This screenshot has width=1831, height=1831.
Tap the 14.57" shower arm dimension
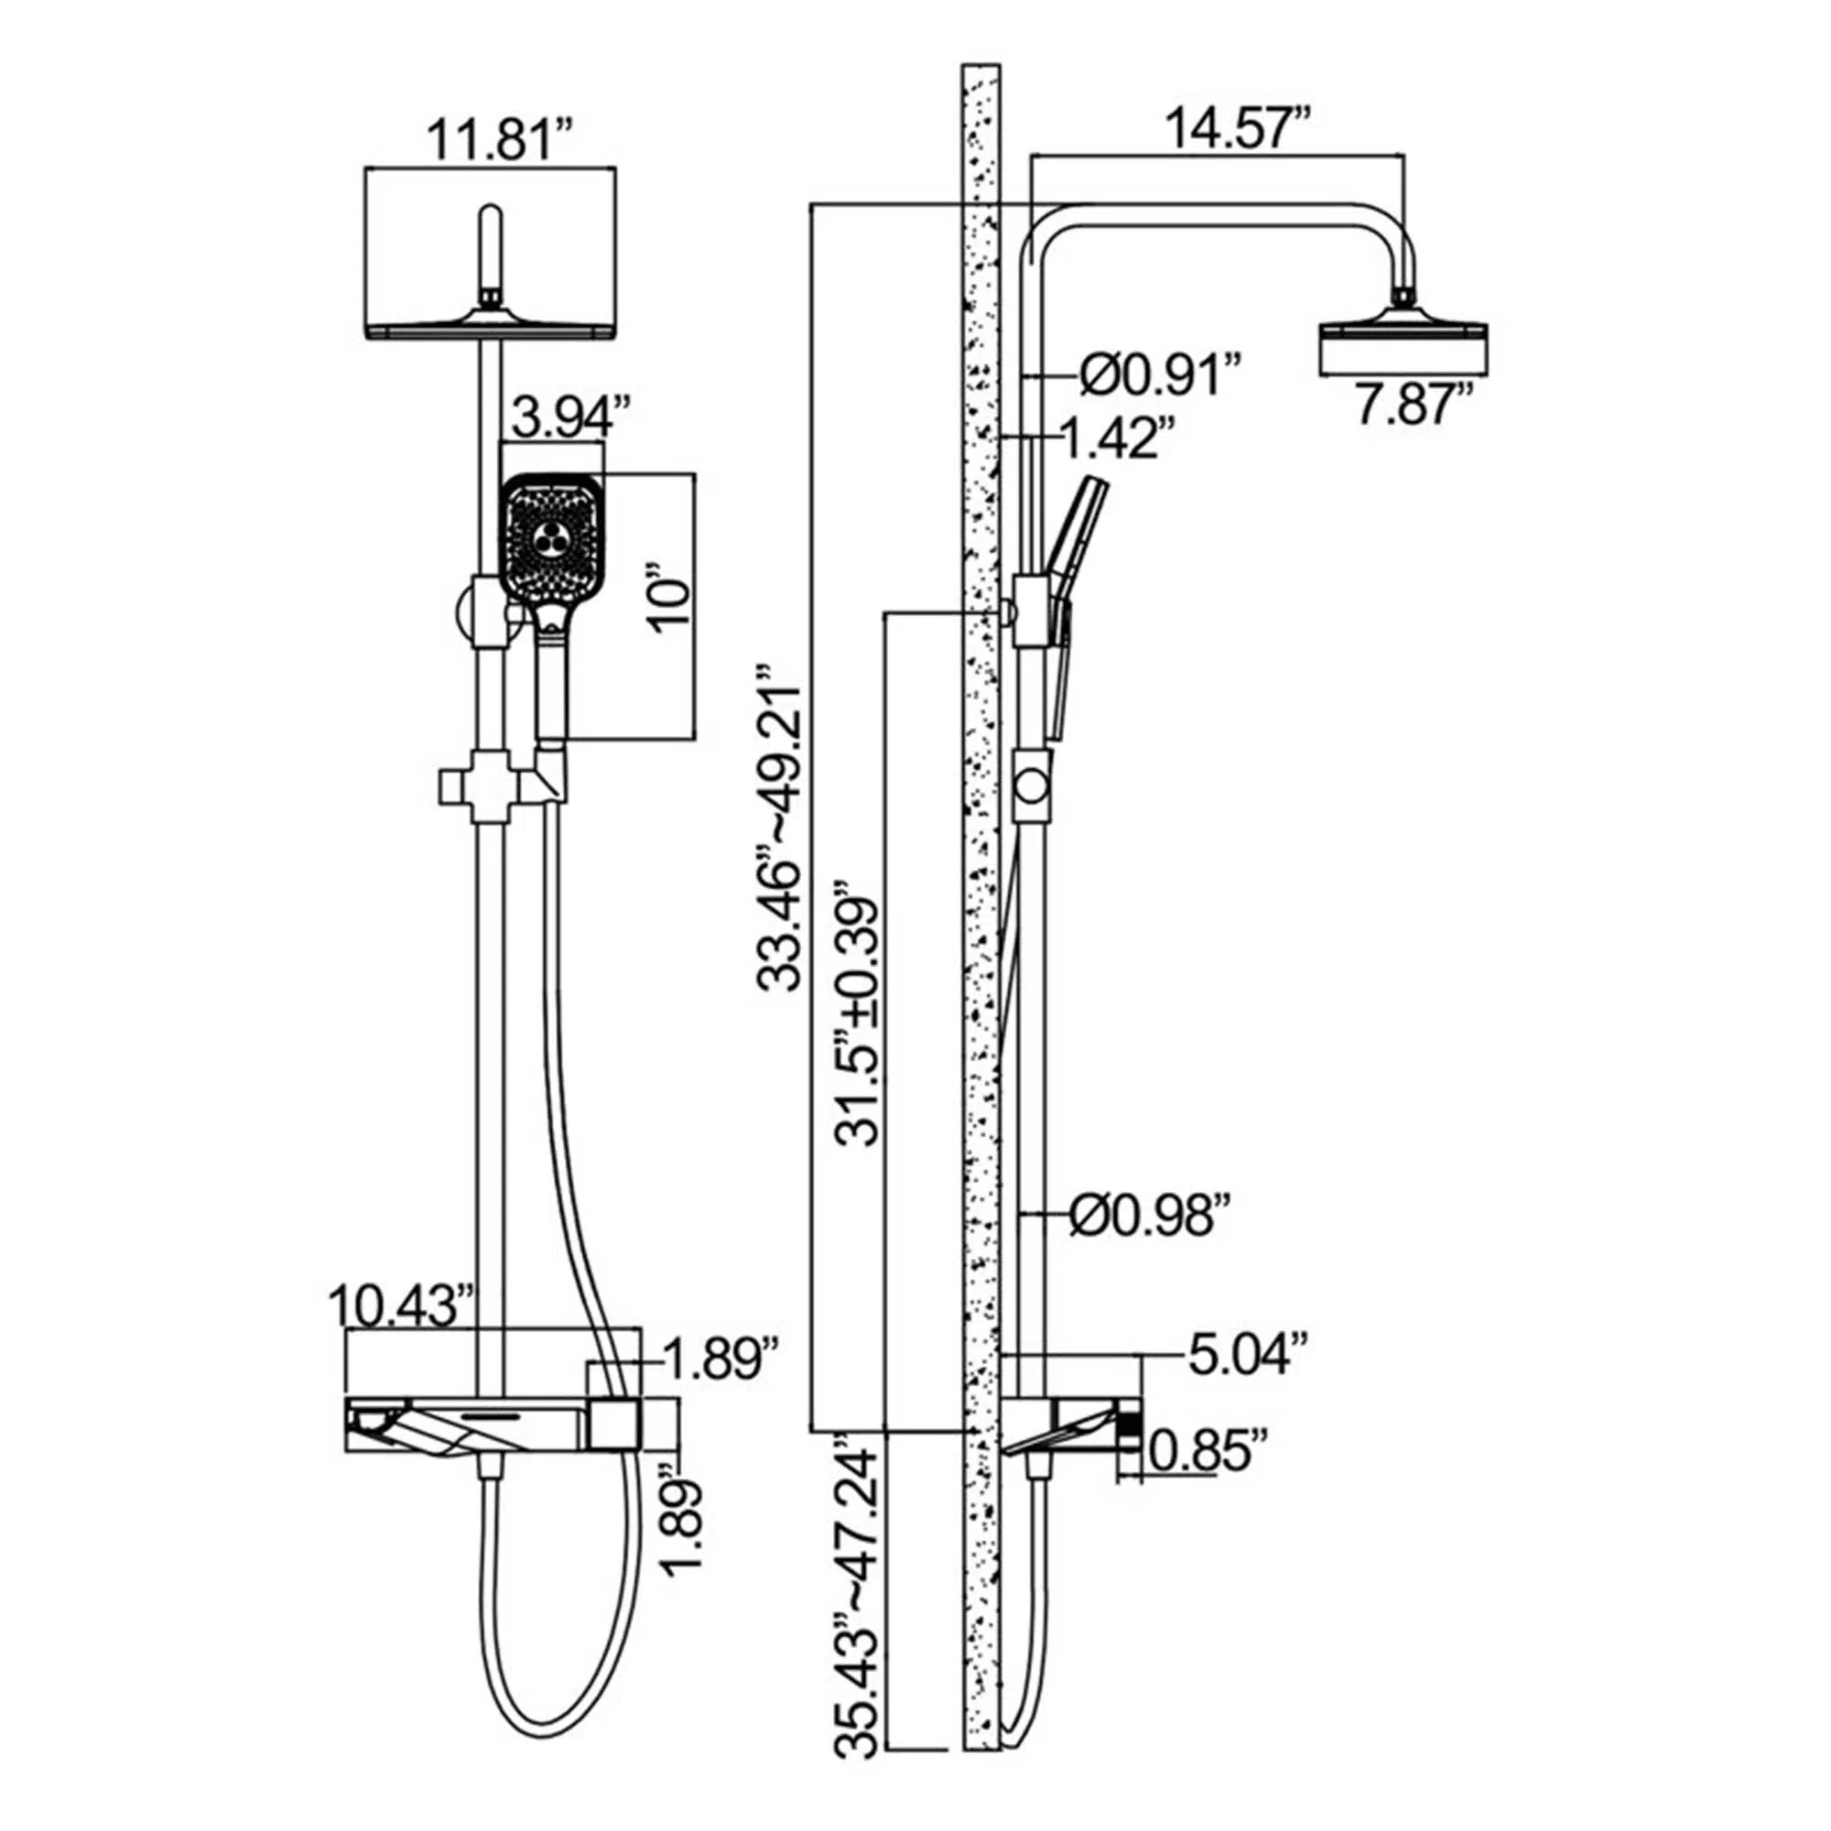(x=1238, y=128)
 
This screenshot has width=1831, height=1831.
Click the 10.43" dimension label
(x=402, y=1307)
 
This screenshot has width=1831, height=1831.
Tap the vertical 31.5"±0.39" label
(x=859, y=1015)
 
